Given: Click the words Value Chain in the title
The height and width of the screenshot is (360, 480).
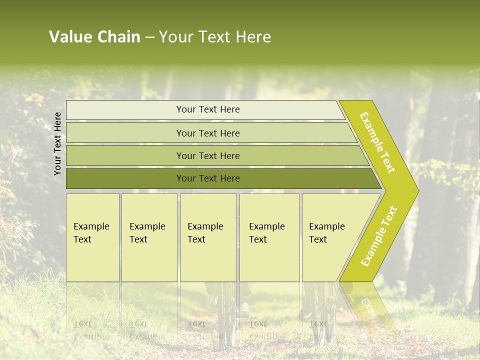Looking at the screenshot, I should coord(94,37).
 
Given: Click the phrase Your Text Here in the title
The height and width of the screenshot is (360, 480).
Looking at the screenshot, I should coord(215,37).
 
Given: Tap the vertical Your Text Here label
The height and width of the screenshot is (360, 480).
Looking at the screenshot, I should coord(57,143).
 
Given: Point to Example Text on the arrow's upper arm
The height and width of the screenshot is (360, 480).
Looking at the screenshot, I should coord(377,142).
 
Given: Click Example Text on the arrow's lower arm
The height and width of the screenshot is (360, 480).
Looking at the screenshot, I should coord(379,236).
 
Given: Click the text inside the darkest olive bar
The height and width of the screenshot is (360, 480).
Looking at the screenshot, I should coord(208,178).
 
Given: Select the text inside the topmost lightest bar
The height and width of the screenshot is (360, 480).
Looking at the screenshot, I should coord(208,109).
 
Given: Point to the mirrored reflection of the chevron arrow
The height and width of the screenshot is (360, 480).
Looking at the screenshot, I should coord(367,305).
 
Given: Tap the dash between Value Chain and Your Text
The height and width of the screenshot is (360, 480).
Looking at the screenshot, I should coord(149,37).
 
